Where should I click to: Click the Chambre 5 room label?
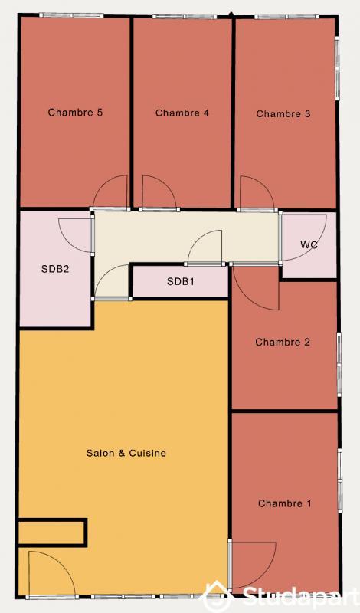coord(75,113)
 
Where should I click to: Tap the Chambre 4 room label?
coord(182,113)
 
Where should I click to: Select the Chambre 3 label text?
coord(283,114)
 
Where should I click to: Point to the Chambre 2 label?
coord(283,342)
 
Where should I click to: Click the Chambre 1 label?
coord(285,503)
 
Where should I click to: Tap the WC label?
coord(309,245)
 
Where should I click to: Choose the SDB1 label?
coord(181,282)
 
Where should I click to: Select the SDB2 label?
coord(55,269)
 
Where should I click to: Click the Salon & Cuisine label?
coord(126,453)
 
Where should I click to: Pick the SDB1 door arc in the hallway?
coord(205,248)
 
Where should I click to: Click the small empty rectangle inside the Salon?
coord(51,531)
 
